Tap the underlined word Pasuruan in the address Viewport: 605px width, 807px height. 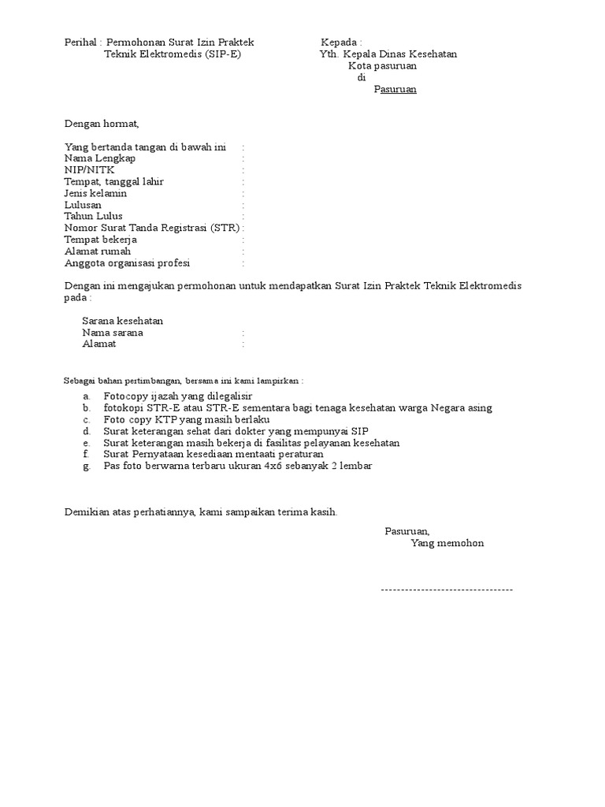point(395,89)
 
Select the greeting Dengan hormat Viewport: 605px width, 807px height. point(101,124)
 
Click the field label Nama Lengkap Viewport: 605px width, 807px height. point(100,158)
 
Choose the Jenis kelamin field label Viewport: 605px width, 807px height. point(95,193)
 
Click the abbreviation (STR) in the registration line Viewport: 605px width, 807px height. point(225,228)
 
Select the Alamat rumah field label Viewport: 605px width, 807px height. point(97,251)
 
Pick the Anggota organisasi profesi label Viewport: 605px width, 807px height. point(127,263)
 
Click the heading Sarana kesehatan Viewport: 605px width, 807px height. point(123,321)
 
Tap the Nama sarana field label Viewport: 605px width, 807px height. point(113,333)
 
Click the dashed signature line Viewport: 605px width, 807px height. point(446,589)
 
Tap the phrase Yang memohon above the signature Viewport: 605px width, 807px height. point(447,544)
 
